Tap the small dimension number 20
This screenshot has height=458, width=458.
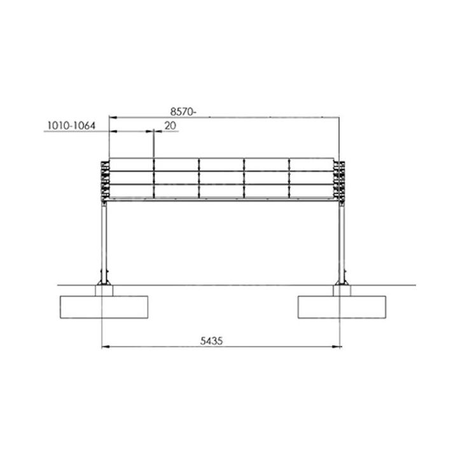[170, 126]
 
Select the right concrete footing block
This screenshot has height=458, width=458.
[343, 307]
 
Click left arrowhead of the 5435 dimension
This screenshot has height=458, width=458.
[106, 347]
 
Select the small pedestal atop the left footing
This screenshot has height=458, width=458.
[104, 291]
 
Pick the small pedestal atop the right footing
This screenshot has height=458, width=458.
[342, 291]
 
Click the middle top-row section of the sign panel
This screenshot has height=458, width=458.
[222, 164]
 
